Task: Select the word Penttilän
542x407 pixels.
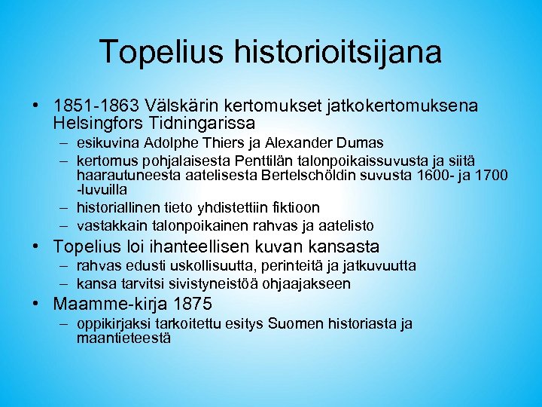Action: tap(262, 161)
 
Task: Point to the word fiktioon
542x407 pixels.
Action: tap(293, 207)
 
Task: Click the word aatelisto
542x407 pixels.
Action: tap(345, 225)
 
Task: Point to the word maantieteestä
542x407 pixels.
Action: tap(123, 338)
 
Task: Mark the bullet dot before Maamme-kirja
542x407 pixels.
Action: tap(36, 304)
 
